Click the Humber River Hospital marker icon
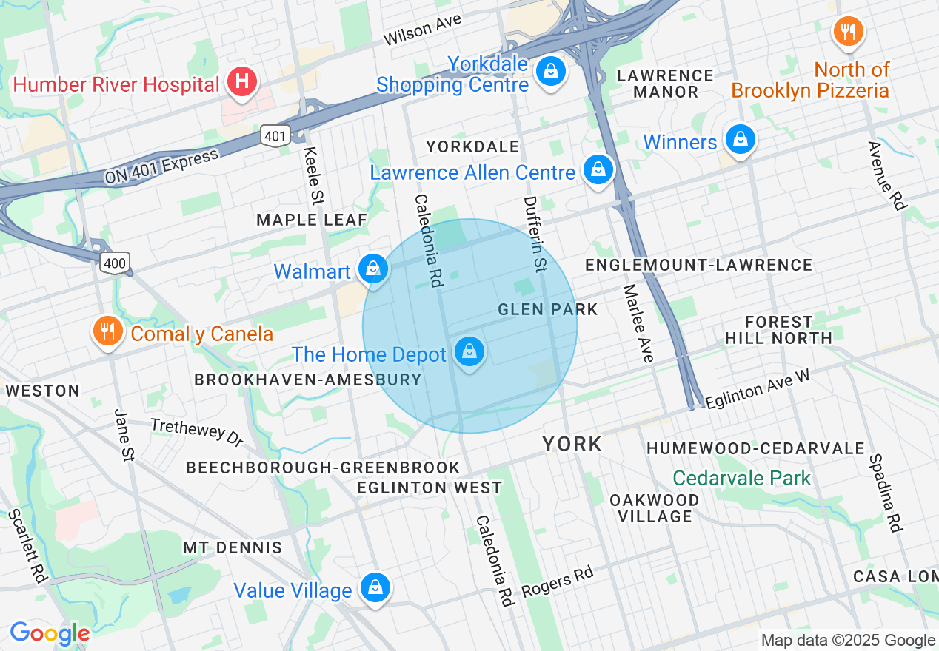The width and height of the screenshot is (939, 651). (241, 82)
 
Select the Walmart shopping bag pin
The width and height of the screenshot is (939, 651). (372, 269)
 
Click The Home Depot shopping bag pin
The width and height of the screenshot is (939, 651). (469, 352)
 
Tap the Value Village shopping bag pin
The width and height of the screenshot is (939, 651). (375, 588)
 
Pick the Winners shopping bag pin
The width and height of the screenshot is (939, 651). (740, 140)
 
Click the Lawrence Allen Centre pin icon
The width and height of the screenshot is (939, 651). (598, 170)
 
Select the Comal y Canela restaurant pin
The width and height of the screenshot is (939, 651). (108, 332)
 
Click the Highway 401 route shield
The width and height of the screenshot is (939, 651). (275, 135)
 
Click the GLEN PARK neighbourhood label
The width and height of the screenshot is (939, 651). (547, 309)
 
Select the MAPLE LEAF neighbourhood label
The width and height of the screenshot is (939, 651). (311, 220)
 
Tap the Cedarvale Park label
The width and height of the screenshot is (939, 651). (742, 478)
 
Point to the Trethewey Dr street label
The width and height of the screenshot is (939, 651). (197, 432)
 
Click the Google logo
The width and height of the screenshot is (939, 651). (50, 633)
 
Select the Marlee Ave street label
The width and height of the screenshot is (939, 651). (638, 323)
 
